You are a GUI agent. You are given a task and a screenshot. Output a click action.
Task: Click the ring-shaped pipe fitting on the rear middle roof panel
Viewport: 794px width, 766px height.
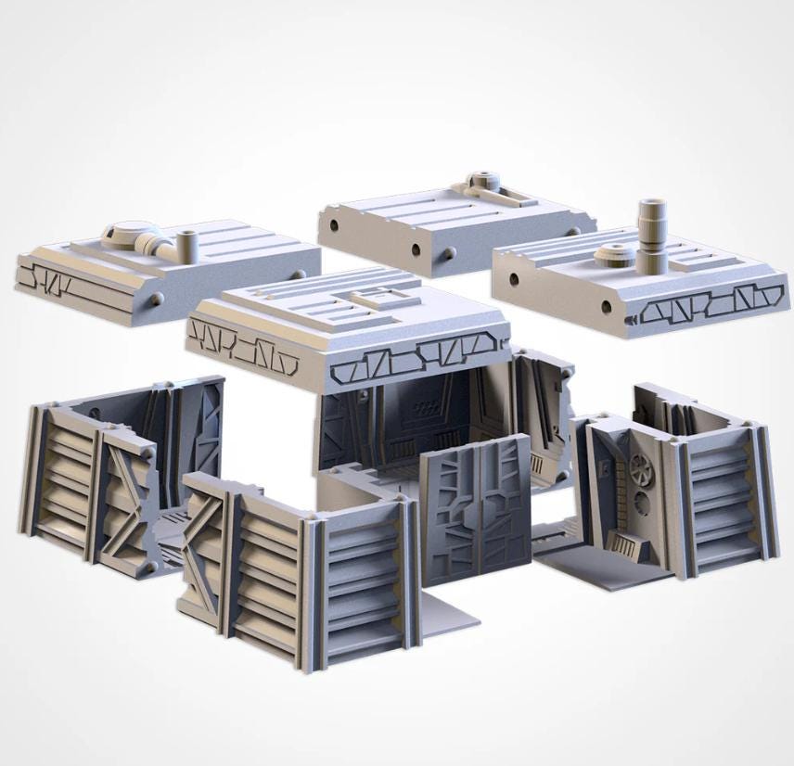[x=480, y=180]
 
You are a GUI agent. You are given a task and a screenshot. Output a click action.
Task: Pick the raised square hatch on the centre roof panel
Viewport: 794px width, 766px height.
[x=378, y=296]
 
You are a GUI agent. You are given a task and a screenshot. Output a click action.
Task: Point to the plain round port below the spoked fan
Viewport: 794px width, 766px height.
[x=642, y=505]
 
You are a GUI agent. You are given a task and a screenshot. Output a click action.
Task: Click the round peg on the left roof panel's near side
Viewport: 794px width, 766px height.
[x=156, y=300]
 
